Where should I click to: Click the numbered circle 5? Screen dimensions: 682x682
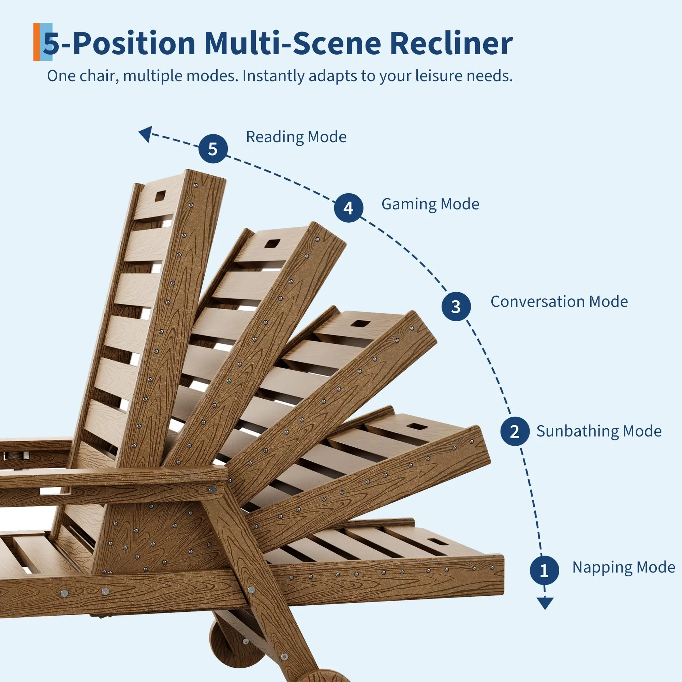pos(212,149)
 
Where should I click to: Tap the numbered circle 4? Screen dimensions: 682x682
pos(349,208)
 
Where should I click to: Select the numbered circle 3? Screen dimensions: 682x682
pos(456,307)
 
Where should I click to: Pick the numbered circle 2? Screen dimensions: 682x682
pos(515,431)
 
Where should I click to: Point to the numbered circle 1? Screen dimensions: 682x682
pos(544,570)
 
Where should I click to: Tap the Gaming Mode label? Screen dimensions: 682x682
pos(430,204)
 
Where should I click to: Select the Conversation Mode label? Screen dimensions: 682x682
pos(559,301)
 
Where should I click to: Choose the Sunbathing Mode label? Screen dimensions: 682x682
pos(599,431)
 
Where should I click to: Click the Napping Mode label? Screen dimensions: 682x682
pos(624,567)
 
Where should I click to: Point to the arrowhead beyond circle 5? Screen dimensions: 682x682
pos(146,134)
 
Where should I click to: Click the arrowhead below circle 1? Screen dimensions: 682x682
pos(545,603)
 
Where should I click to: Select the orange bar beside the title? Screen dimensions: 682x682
pos(37,42)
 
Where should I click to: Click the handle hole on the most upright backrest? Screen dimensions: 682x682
pos(160,196)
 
